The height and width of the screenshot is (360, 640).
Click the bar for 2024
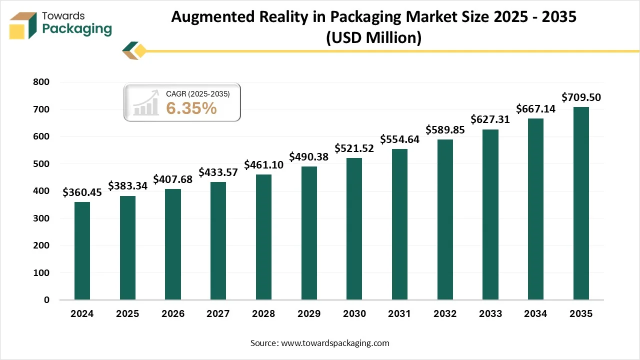[82, 251]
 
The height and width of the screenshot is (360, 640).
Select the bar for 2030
[354, 229]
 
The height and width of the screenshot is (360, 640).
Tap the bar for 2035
[581, 203]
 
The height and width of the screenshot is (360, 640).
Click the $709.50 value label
[581, 97]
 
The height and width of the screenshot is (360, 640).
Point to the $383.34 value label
[127, 186]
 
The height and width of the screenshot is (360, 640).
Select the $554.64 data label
[399, 139]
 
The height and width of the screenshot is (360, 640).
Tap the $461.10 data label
[263, 164]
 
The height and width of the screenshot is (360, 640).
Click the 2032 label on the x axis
[445, 314]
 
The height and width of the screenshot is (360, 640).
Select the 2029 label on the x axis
[309, 314]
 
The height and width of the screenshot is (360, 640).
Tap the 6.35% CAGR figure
[191, 107]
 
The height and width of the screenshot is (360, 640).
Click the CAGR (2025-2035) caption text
[197, 93]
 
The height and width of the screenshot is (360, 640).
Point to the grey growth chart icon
[146, 103]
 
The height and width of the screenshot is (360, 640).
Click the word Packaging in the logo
[77, 29]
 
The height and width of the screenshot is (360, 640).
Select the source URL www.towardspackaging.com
[335, 343]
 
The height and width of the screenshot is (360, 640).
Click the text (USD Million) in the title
[373, 37]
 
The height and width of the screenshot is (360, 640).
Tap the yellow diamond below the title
[140, 50]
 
